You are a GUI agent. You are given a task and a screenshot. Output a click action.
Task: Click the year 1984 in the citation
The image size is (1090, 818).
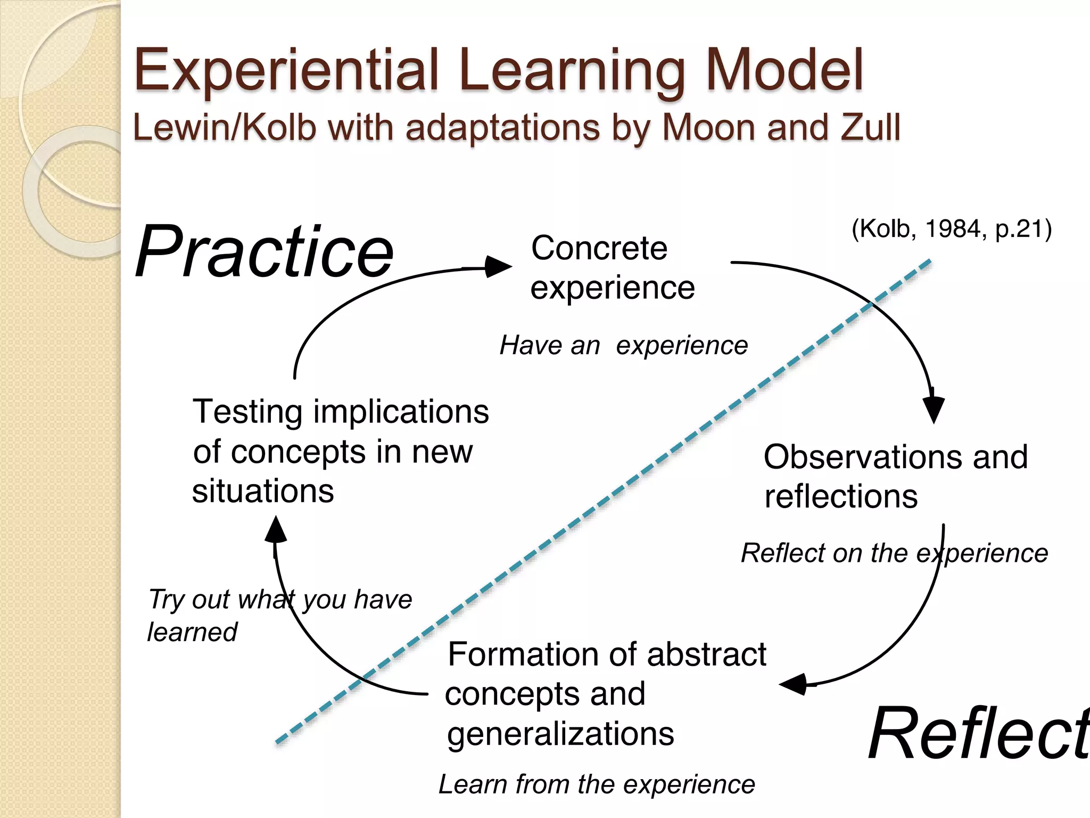coord(953,229)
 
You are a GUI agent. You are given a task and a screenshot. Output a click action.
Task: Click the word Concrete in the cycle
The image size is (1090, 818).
coord(599,248)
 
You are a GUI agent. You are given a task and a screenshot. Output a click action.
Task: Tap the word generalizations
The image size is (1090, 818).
coord(560,734)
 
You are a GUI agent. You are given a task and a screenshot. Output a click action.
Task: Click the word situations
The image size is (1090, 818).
coord(263,490)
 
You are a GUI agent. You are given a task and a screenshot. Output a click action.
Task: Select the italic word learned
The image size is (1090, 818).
coord(192,633)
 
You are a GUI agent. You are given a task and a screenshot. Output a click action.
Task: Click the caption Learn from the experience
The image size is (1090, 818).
coord(597,784)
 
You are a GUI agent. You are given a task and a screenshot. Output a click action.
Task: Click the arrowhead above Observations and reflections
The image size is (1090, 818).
coord(933,409)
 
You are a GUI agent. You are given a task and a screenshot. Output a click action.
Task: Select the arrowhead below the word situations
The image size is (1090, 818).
coord(276,530)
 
